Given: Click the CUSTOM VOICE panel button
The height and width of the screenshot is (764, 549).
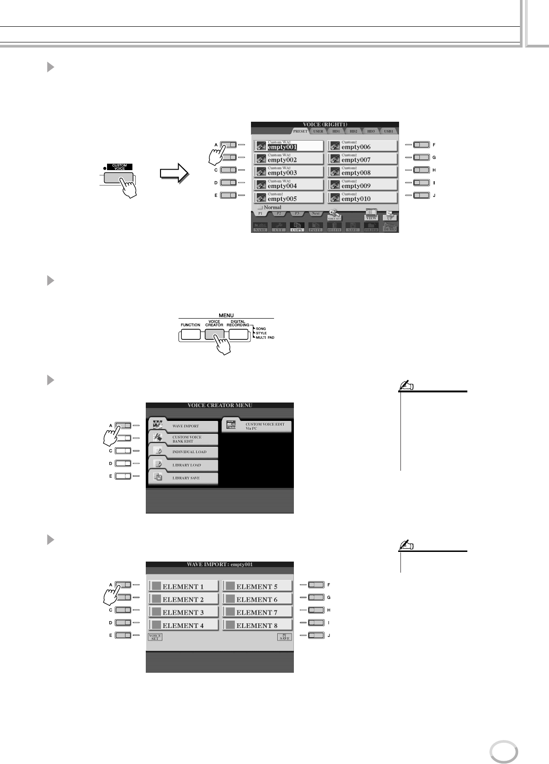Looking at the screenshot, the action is coord(119,178).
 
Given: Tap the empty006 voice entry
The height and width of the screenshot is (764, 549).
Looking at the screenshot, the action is coord(362,146).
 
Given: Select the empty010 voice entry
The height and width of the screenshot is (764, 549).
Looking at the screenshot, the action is coord(362,198).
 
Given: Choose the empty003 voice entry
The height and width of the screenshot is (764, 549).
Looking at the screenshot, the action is coord(288,172).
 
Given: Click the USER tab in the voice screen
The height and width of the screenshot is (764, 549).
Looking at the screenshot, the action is coord(318,131).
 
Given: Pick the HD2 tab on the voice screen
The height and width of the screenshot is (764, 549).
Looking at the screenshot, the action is coord(353,131).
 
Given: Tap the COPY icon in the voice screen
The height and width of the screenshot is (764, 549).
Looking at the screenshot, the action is coord(297,227).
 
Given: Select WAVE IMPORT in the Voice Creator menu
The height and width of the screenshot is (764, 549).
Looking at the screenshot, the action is coord(184,426).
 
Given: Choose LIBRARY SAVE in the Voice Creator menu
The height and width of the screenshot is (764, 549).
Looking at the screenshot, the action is coord(184,478).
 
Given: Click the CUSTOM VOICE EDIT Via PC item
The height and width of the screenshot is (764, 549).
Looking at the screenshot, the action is coord(257,426).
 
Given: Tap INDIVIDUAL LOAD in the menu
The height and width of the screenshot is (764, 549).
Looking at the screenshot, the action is coord(184,451).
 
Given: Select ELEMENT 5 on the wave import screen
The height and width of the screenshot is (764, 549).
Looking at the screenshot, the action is coord(257,586).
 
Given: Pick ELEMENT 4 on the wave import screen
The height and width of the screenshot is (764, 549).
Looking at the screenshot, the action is coord(183,625).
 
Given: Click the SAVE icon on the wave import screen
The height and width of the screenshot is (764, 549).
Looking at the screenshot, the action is coord(284,637).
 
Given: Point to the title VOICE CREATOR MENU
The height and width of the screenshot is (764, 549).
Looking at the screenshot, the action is coord(220,406).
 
